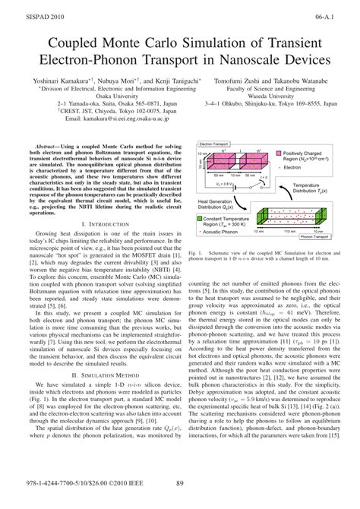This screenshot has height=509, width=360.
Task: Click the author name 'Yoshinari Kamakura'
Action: [x=61, y=78]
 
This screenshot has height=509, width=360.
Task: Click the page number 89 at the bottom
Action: [x=180, y=500]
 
